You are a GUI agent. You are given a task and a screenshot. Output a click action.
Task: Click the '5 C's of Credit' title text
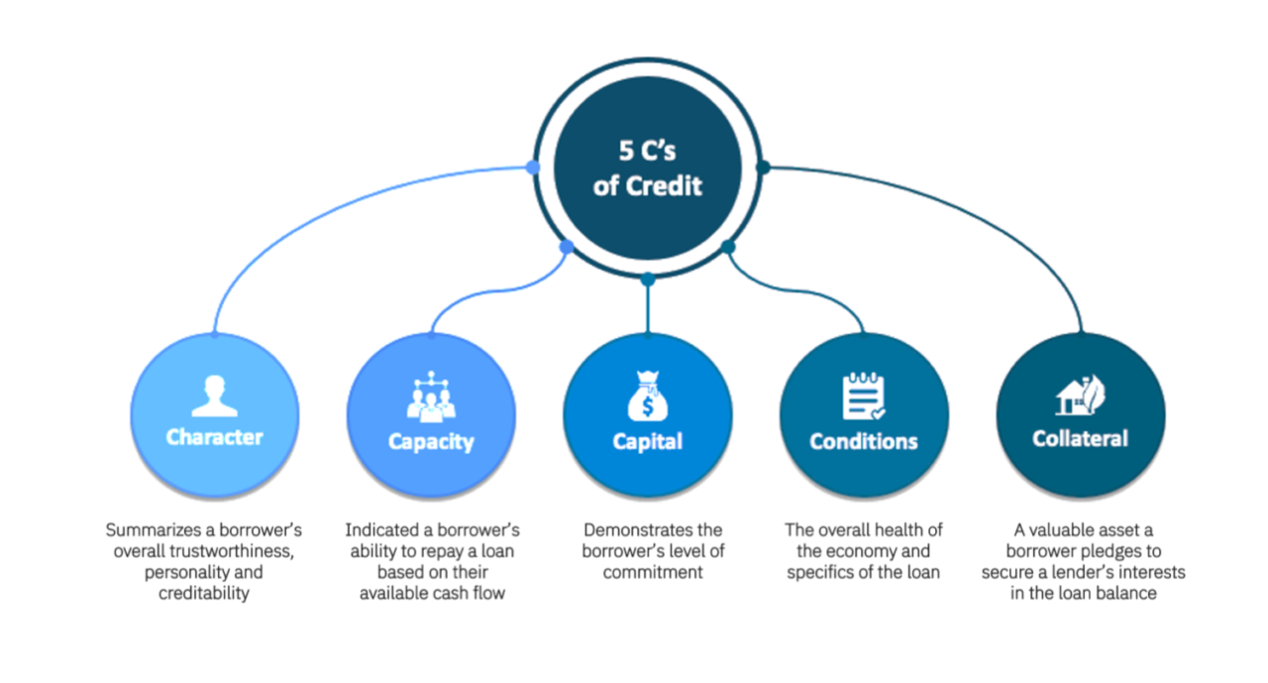[648, 170]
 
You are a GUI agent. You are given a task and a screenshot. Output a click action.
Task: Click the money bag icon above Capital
[647, 396]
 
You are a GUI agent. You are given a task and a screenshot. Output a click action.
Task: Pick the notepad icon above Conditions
[863, 396]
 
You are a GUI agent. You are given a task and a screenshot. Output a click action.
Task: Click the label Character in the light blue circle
[215, 437]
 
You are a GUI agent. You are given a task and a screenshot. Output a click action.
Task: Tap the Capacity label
[431, 442]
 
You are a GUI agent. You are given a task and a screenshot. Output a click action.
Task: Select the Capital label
[647, 441]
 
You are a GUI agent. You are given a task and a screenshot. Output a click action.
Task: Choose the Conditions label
[863, 441]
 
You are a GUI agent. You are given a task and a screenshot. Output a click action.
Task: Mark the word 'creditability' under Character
[204, 594]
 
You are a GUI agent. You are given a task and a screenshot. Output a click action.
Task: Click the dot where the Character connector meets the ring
[533, 168]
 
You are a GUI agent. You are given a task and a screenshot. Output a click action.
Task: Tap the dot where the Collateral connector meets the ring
[763, 168]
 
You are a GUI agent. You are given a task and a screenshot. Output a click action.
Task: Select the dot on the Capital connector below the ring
[647, 280]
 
